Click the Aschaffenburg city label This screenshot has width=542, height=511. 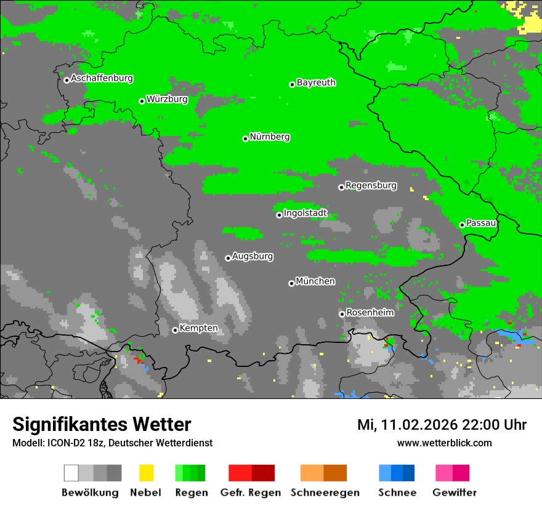pyautogui.click(x=102, y=78)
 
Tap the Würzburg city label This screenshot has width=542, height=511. pyautogui.click(x=167, y=99)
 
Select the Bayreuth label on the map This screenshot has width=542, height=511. pyautogui.click(x=316, y=82)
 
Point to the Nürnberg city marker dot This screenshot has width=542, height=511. pyautogui.click(x=245, y=139)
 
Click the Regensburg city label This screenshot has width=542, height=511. pyautogui.click(x=371, y=185)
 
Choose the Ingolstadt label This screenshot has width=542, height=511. pyautogui.click(x=305, y=213)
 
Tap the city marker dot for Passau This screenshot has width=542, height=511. pyautogui.click(x=462, y=225)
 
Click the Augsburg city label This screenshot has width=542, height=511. pyautogui.click(x=253, y=256)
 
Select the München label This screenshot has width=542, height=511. pyautogui.click(x=315, y=281)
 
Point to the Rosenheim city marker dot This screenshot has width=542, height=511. pyautogui.click(x=342, y=314)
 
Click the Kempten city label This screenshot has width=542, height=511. pyautogui.click(x=198, y=328)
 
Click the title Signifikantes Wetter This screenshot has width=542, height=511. pyautogui.click(x=102, y=424)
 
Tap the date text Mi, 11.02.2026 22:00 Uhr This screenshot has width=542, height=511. pyautogui.click(x=442, y=425)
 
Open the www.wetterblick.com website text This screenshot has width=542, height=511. pyautogui.click(x=444, y=443)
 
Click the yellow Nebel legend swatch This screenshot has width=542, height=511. pyautogui.click(x=146, y=473)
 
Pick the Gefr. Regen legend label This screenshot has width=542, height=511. pyautogui.click(x=251, y=493)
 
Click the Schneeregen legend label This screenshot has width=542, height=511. pyautogui.click(x=325, y=493)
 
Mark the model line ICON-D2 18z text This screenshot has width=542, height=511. pyautogui.click(x=112, y=443)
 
